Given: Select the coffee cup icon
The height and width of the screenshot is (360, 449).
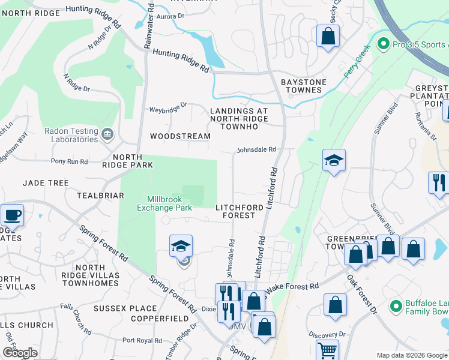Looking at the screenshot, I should pyautogui.click(x=12, y=215).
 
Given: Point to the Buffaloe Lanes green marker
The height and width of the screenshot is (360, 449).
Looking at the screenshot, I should pyautogui.click(x=396, y=307).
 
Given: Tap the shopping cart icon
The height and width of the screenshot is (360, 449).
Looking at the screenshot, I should pyautogui.click(x=327, y=350).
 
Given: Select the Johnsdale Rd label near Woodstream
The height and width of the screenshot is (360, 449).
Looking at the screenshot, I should pyautogui.click(x=256, y=149).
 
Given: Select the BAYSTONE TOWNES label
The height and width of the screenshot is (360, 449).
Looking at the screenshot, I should pyautogui.click(x=304, y=86).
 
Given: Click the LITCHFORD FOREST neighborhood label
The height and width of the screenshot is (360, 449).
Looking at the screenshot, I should pyautogui.click(x=240, y=211).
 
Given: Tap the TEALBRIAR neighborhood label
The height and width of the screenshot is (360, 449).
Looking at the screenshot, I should pyautogui.click(x=100, y=196).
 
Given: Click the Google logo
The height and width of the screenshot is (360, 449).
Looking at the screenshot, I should pyautogui.click(x=20, y=353).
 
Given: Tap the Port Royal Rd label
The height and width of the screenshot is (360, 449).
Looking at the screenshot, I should pyautogui.click(x=140, y=340).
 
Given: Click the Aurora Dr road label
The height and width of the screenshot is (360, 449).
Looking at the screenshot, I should pyautogui.click(x=170, y=17).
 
